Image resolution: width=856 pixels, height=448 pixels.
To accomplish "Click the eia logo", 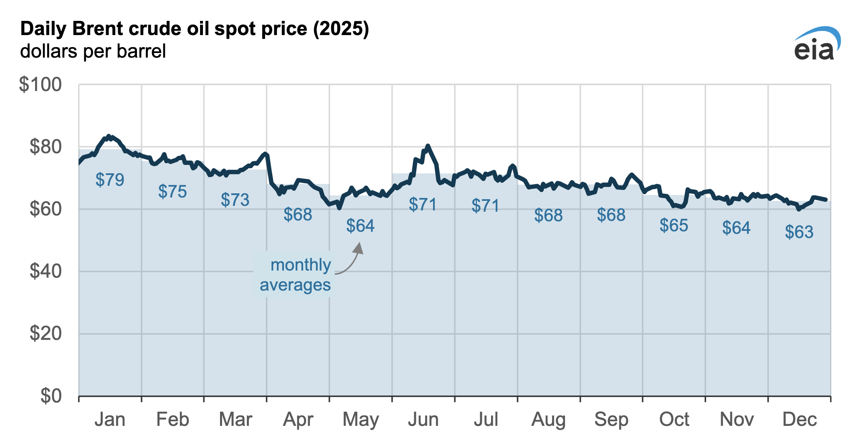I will click(816, 45).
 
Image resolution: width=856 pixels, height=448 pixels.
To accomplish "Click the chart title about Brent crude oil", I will click(195, 30).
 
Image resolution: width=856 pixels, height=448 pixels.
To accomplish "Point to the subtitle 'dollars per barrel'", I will click(93, 51).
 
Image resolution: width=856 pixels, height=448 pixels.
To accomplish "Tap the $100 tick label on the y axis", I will click(40, 85).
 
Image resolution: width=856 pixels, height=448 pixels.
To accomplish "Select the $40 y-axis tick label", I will click(45, 272).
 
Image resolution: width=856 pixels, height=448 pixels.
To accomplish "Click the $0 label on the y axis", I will click(51, 396).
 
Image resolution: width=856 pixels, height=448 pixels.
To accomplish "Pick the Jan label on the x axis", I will click(110, 420).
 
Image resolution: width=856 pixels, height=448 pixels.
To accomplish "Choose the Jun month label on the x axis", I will click(423, 420).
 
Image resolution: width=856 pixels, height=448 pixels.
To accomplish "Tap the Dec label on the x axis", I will click(799, 420).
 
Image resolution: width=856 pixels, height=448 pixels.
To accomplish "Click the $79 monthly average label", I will click(110, 180).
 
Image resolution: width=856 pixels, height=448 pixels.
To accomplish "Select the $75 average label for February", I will click(172, 192).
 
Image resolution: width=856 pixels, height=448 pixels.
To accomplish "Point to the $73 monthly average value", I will click(235, 200).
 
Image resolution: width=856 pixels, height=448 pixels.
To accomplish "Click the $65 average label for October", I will click(674, 225).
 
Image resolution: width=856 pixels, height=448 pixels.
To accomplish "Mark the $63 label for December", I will click(799, 232).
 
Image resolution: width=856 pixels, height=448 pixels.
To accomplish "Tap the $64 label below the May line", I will click(360, 226).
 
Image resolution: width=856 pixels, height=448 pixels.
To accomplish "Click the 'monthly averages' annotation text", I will click(295, 275).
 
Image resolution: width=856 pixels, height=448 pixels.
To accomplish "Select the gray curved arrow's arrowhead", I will click(359, 247).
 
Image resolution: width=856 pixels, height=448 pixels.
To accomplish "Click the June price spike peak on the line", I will click(427, 146).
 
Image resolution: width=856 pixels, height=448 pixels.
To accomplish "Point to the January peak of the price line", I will click(109, 136).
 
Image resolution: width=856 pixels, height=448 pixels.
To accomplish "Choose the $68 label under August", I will click(548, 215).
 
